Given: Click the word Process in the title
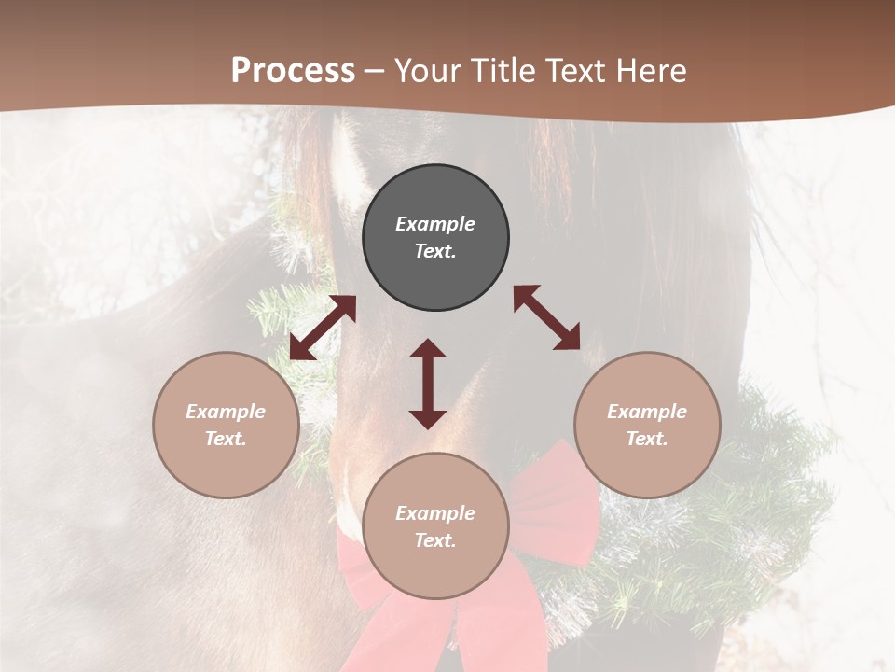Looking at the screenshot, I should pyautogui.click(x=293, y=71).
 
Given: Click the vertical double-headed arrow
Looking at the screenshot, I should pyautogui.click(x=428, y=384).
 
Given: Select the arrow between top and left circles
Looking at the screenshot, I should pyautogui.click(x=323, y=328).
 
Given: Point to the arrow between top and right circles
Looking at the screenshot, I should pyautogui.click(x=547, y=317).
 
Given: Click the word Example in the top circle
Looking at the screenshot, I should pyautogui.click(x=435, y=224).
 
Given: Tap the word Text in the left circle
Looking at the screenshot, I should pyautogui.click(x=226, y=439).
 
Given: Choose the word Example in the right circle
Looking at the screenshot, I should pyautogui.click(x=647, y=412).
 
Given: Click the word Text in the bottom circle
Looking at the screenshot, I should pyautogui.click(x=435, y=540).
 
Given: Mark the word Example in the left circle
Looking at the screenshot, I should pyautogui.click(x=226, y=412).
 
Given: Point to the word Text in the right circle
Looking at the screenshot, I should pyautogui.click(x=647, y=439).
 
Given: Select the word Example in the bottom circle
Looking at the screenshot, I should pyautogui.click(x=435, y=513).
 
